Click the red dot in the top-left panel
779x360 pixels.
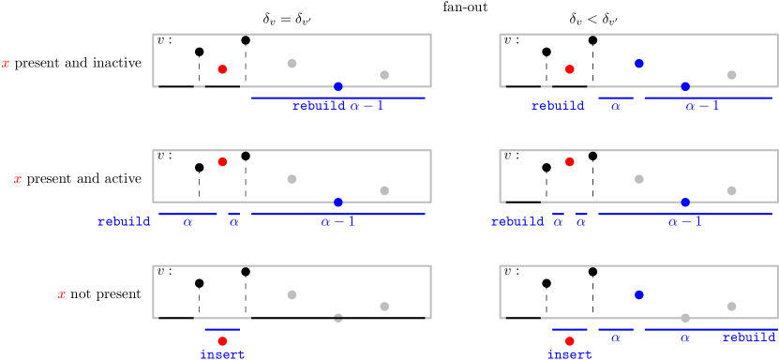[222, 69]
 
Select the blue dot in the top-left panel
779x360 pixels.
[338, 86]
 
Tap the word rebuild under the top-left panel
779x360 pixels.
[319, 107]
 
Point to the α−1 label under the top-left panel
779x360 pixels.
[367, 107]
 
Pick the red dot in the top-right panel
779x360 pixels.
[570, 69]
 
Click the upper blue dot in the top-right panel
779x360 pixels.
[639, 64]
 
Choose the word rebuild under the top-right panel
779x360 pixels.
[558, 107]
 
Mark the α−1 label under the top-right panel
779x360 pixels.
[702, 107]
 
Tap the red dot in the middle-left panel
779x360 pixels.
[222, 161]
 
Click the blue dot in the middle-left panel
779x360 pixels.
[338, 202]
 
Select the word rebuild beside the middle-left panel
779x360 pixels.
[124, 223]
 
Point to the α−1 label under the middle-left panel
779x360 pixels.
[338, 223]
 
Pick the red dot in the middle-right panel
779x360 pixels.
[570, 161]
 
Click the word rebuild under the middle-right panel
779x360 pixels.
[517, 223]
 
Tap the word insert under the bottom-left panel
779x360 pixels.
[222, 355]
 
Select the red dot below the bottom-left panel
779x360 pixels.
[222, 341]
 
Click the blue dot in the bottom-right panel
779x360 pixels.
[639, 294]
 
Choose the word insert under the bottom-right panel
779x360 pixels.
[570, 355]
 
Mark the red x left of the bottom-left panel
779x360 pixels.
[62, 295]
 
